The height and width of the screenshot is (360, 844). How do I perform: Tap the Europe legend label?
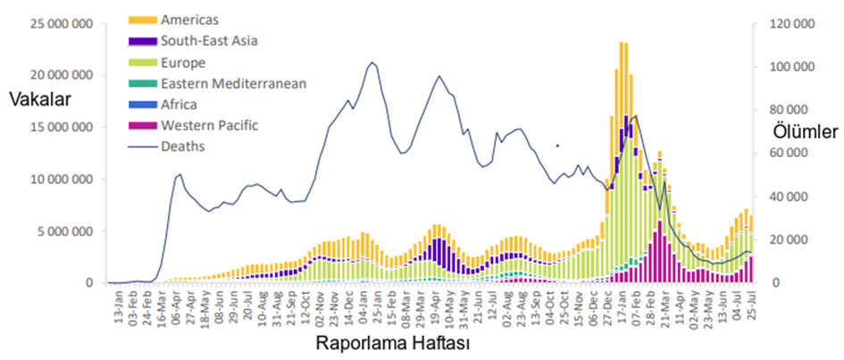[183, 63]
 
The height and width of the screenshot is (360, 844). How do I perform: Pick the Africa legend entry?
[180, 105]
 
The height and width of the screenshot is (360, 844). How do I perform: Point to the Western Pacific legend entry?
[210, 125]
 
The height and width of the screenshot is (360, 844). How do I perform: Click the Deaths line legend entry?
[182, 147]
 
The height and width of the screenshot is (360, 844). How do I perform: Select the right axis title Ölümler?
[805, 132]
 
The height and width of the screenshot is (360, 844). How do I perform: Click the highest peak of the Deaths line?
[372, 63]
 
